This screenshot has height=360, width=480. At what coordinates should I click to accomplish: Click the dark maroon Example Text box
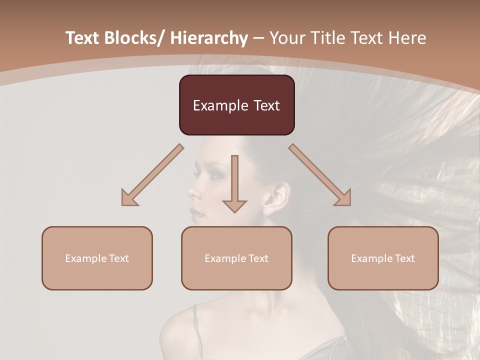[x=236, y=105]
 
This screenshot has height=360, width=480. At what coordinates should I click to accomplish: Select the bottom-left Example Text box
[x=97, y=258]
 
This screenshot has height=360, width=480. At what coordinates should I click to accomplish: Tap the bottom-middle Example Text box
[x=236, y=258]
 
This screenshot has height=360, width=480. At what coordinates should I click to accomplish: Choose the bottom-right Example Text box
[x=383, y=258]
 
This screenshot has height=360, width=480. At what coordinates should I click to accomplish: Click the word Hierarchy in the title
[x=209, y=38]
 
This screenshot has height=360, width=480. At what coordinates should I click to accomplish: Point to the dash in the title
[x=258, y=38]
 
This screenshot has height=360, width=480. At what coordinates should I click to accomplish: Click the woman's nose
[x=193, y=190]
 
